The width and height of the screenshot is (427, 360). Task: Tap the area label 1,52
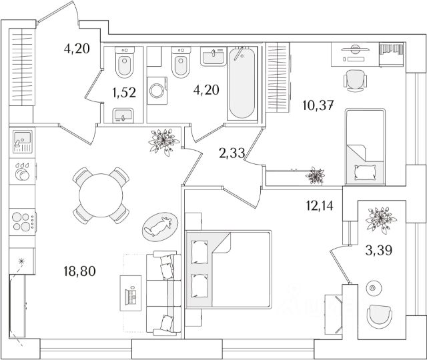point(124,93)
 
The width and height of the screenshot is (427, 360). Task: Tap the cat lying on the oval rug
point(159,228)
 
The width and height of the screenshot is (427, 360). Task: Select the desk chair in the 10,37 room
point(354,81)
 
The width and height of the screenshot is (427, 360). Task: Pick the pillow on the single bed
point(365,172)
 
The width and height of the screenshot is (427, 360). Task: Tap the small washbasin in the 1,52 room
point(123,116)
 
